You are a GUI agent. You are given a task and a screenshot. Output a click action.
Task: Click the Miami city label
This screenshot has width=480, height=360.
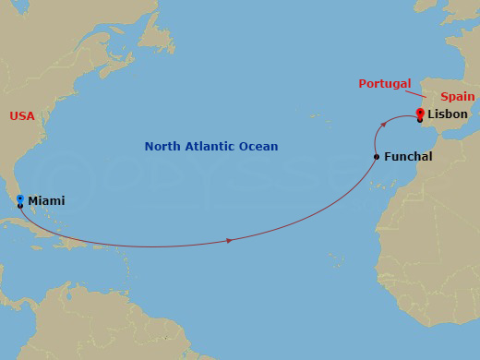pyautogui.click(x=46, y=200)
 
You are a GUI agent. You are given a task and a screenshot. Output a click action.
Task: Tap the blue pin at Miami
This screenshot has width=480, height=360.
pyautogui.click(x=20, y=198)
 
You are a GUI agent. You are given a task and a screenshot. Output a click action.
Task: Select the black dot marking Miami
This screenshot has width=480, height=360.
pyautogui.click(x=20, y=206)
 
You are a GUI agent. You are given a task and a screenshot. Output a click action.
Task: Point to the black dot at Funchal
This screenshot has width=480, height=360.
pyautogui.click(x=377, y=157)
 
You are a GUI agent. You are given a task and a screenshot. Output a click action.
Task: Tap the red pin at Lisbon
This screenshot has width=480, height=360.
pyautogui.click(x=420, y=113)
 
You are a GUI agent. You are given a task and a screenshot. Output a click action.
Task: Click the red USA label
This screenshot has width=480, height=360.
pyautogui.click(x=22, y=116)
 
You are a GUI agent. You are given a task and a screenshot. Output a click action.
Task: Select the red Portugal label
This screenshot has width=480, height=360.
pyautogui.click(x=384, y=84)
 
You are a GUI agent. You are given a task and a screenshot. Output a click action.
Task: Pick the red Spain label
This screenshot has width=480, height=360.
pyautogui.click(x=457, y=96)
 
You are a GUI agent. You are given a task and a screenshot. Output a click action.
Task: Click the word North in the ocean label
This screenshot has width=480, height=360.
pyautogui.click(x=162, y=147)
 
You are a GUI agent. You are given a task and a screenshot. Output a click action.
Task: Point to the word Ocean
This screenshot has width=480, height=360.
pyautogui.click(x=260, y=147)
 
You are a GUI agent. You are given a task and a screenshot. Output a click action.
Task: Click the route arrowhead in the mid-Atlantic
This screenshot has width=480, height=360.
pyautogui.click(x=229, y=241)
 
